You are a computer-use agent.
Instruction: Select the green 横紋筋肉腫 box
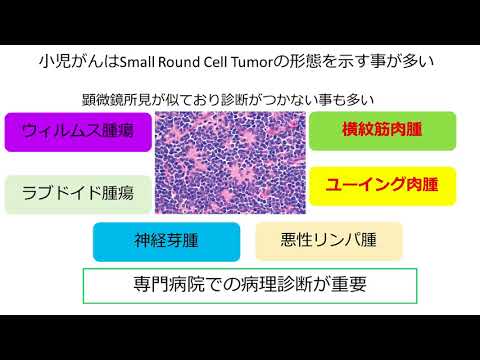[x=383, y=130]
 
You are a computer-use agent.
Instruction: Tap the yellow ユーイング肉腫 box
[x=383, y=184]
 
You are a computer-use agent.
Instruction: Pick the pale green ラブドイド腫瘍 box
[x=79, y=194]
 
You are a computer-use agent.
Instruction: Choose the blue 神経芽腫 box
[x=166, y=241]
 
